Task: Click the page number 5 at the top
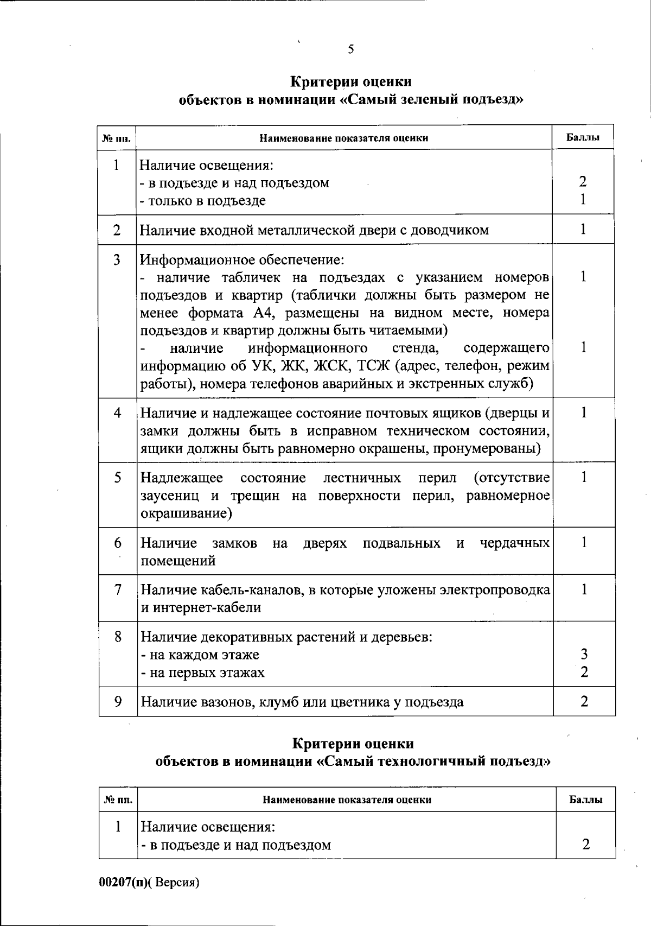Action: [x=351, y=49]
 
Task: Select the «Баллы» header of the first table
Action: [x=583, y=137]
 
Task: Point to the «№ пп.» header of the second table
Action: [x=118, y=800]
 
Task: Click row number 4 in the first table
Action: [x=117, y=413]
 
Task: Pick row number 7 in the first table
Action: [x=118, y=589]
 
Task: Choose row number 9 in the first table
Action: [x=118, y=701]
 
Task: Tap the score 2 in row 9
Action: [x=584, y=701]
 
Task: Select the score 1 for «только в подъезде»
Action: [x=583, y=200]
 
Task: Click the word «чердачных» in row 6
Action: [x=515, y=543]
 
